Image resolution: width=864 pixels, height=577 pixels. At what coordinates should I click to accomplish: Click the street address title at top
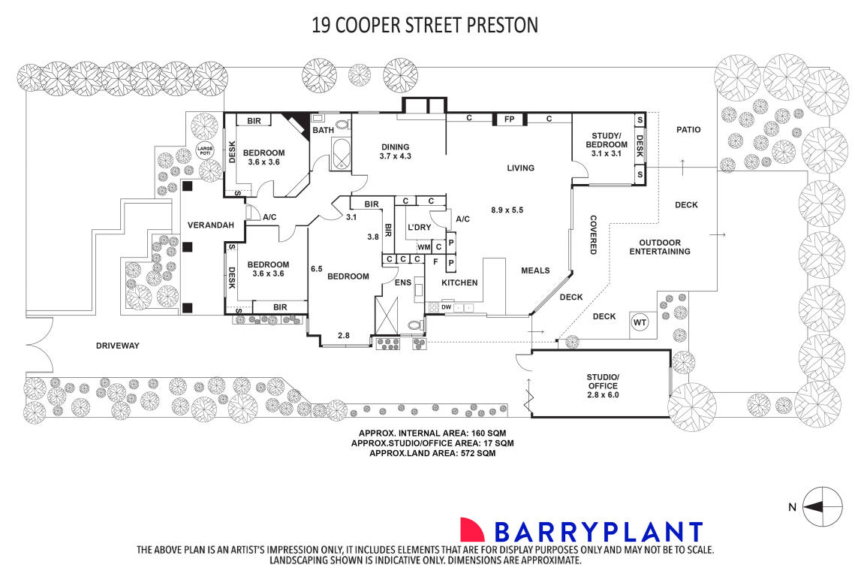coord(425,25)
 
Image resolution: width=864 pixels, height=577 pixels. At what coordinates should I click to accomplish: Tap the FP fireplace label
coord(508,119)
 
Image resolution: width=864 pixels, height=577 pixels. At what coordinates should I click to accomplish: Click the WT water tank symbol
coord(640,323)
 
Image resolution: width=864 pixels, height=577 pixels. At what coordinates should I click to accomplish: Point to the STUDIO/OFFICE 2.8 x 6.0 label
coord(603,385)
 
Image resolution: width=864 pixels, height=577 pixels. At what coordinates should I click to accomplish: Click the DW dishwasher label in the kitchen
coord(446,307)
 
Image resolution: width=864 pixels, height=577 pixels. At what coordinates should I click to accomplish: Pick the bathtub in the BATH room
coord(341,155)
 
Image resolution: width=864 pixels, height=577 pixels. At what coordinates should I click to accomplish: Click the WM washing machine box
coord(423,247)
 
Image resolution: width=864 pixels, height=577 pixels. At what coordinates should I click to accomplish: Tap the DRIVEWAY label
coord(118,346)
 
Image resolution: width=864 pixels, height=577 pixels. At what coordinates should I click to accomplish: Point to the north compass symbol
coord(822,507)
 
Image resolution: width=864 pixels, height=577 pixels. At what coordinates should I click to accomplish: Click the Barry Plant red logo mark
coord(472,530)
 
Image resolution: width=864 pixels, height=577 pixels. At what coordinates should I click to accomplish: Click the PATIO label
coord(688,129)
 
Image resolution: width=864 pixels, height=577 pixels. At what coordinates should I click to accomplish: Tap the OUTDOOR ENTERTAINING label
coord(660,247)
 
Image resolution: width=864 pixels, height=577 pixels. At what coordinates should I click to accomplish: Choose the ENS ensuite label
coord(402,284)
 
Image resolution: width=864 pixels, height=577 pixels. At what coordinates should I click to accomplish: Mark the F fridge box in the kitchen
coord(435,262)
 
